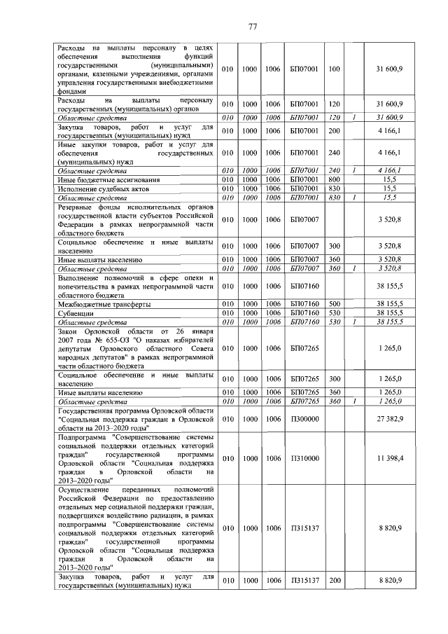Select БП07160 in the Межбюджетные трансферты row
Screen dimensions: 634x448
pyautogui.click(x=304, y=304)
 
